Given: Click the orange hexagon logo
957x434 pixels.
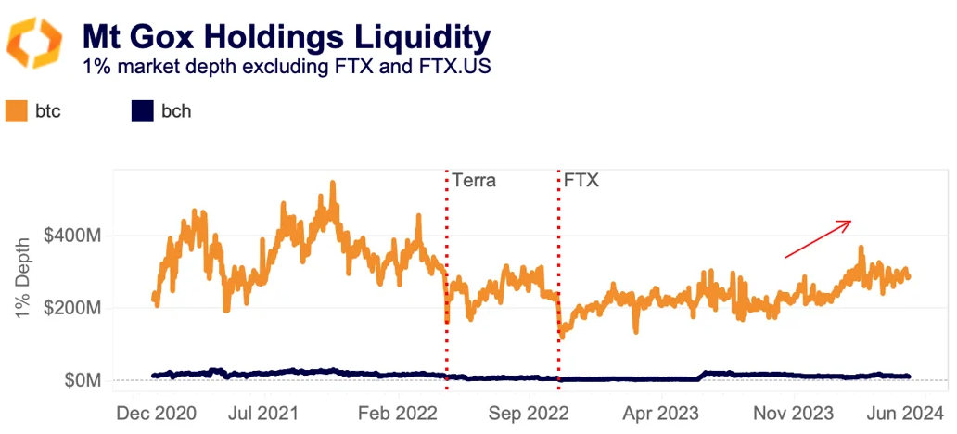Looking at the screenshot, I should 34,44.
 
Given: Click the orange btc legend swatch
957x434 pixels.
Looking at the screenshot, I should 17,111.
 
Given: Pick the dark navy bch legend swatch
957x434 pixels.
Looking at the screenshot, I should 142,111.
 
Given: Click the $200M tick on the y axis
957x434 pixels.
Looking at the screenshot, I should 78,308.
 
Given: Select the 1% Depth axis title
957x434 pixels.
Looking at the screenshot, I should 28,274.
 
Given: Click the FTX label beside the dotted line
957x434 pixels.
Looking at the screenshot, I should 581,180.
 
